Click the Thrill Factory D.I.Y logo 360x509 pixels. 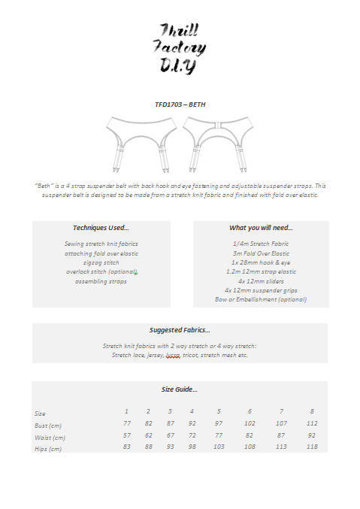point(180,48)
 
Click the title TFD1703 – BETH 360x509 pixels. point(180,105)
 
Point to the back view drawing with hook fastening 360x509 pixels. point(218,142)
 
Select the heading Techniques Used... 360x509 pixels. point(101,228)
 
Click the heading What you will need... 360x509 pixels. point(261,228)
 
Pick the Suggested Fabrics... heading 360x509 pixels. point(180,329)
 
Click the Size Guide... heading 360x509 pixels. point(180,389)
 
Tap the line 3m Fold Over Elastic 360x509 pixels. point(261,253)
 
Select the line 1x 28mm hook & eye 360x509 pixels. point(261,262)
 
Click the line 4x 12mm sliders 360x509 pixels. point(261,280)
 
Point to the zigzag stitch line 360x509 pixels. point(101,262)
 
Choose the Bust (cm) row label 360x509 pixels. point(48,426)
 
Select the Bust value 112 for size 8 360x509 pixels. point(312,424)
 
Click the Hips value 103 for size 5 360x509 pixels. point(219,447)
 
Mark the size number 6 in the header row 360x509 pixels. point(250,411)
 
